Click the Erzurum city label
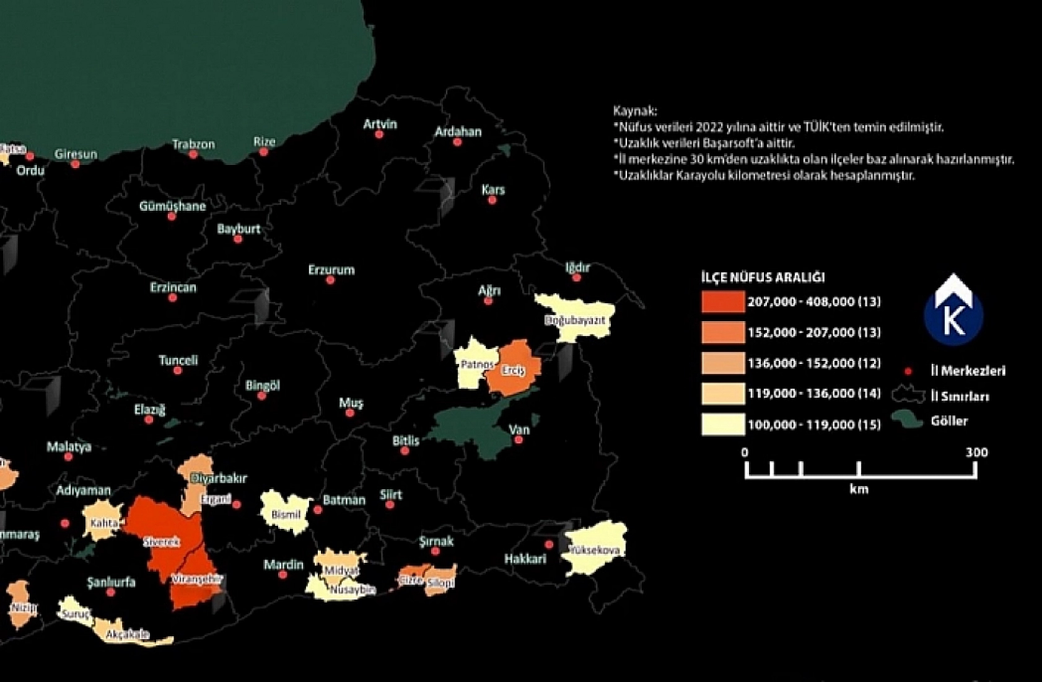tap(331, 270)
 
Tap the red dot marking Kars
tap(492, 200)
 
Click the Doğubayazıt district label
tap(574, 321)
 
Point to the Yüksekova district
tap(595, 549)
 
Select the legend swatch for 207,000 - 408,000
tap(723, 302)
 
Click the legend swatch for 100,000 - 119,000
tap(723, 425)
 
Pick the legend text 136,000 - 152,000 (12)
tap(813, 363)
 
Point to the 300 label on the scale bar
tap(976, 452)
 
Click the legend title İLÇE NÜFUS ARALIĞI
tap(763, 277)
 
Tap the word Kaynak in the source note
tap(634, 112)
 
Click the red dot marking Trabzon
tap(193, 154)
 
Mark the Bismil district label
tap(286, 515)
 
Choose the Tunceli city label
tap(178, 360)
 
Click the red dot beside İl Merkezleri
tap(908, 371)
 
